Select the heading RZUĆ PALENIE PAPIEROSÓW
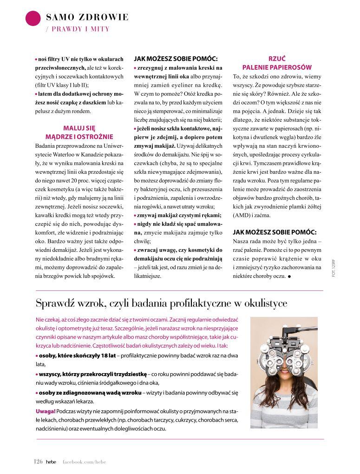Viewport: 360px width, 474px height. click(x=277, y=63)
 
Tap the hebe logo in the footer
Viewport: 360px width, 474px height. click(x=51, y=461)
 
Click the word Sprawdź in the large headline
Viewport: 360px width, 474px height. click(x=53, y=303)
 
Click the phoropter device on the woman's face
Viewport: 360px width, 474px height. click(x=283, y=358)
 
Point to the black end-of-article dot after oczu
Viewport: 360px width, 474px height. click(x=289, y=276)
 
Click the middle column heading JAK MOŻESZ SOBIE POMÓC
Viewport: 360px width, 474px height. click(x=176, y=59)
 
